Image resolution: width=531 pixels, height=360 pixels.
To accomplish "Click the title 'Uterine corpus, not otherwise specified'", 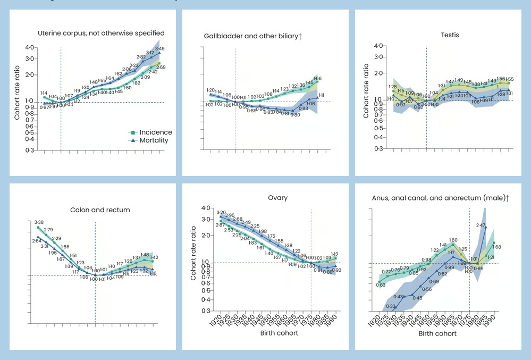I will pyautogui.click(x=101, y=33).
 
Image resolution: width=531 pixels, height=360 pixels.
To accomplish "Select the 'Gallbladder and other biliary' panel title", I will pyautogui.click(x=252, y=36).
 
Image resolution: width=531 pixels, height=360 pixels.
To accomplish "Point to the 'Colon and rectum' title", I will pyautogui.click(x=100, y=210).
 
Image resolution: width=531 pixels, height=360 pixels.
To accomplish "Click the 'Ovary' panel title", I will pyautogui.click(x=277, y=197).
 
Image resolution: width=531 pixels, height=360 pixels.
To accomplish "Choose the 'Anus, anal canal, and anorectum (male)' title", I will pyautogui.click(x=441, y=198).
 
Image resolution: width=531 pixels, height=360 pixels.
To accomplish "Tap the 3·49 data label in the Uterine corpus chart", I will pyautogui.click(x=159, y=48).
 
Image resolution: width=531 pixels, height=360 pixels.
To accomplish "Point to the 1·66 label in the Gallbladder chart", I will pyautogui.click(x=317, y=79).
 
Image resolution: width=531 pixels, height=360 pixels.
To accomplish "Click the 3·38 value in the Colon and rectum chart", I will pyautogui.click(x=39, y=222).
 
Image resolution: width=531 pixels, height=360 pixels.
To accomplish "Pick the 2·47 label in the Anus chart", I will pyautogui.click(x=481, y=225).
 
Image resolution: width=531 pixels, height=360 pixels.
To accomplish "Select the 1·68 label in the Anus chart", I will pyautogui.click(x=497, y=246).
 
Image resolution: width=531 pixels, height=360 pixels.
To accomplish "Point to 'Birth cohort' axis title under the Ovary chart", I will pyautogui.click(x=279, y=333).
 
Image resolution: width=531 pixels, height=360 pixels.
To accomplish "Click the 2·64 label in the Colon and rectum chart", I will pyautogui.click(x=37, y=241).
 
